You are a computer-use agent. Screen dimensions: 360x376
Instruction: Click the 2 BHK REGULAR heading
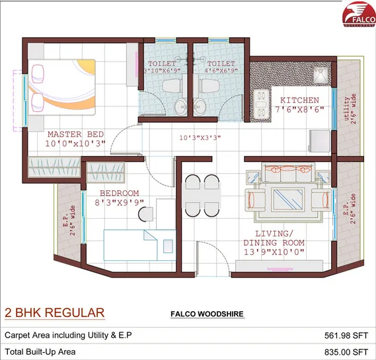pyautogui.click(x=55, y=312)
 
